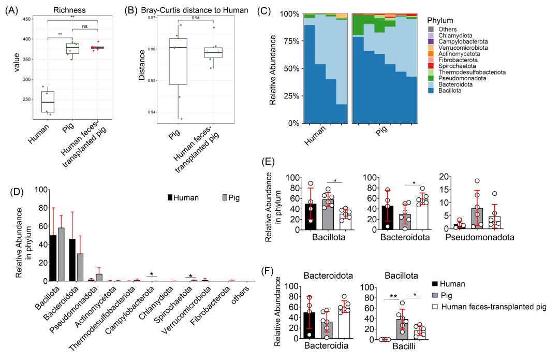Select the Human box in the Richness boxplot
(x=48, y=102)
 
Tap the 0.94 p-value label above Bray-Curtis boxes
(x=196, y=18)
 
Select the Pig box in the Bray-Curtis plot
(x=178, y=61)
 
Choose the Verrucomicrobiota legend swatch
(x=431, y=47)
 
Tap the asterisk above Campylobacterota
(x=151, y=274)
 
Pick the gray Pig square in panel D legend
(x=225, y=197)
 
